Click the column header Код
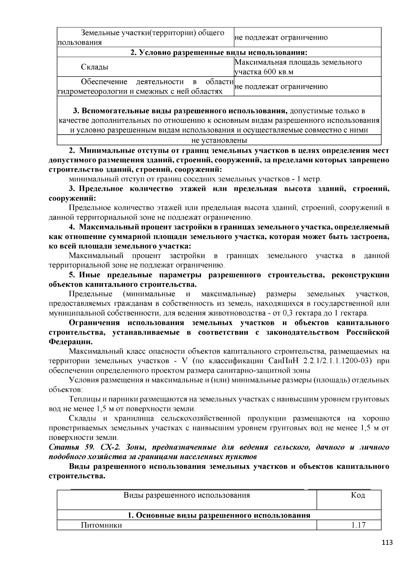pos(358,495)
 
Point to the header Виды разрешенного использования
pos(187,495)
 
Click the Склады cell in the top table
pos(95,67)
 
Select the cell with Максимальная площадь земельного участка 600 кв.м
pos(298,67)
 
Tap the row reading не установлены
pos(219,140)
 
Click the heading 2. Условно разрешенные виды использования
pos(219,53)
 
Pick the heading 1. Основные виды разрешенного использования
pos(219,515)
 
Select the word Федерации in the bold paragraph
pos(70,342)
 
